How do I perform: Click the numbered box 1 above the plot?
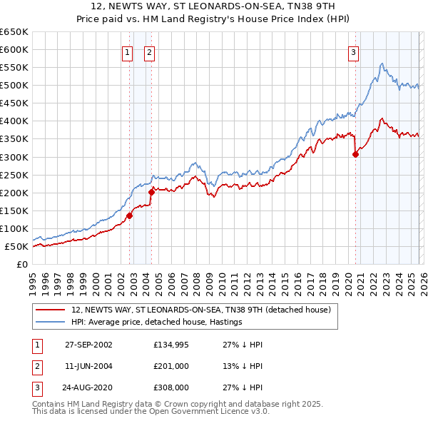pos(127,51)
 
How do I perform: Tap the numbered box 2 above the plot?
pos(150,51)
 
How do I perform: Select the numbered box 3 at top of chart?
pos(353,51)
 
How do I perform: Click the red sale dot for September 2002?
pos(130,215)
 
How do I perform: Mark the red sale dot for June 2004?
pos(151,192)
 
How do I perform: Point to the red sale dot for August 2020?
pos(355,153)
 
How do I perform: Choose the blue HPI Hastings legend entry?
pos(157,323)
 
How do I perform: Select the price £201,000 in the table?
pos(170,366)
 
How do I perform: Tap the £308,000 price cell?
pos(170,388)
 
